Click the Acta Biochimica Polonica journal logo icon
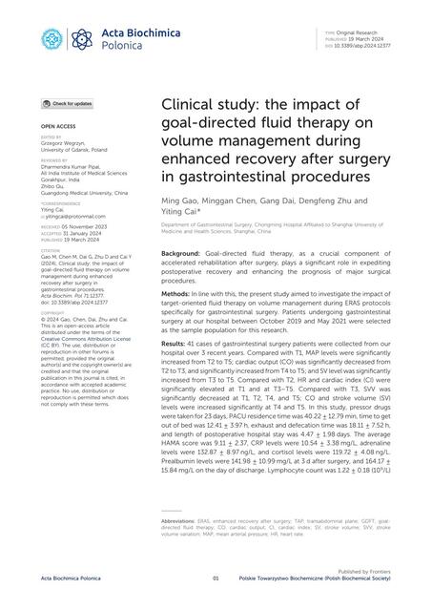51,38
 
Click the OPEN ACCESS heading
58,125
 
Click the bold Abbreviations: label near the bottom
182,522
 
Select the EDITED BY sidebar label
51,137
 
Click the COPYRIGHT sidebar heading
52,312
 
